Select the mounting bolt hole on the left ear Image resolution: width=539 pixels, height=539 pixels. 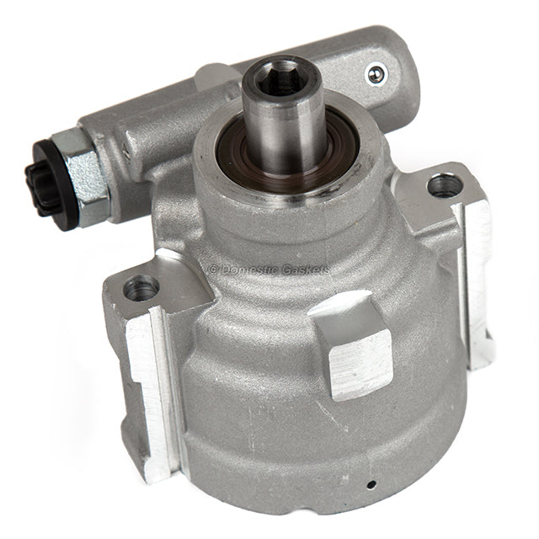tap(141, 289)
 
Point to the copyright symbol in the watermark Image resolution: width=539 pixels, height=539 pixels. tap(213, 269)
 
